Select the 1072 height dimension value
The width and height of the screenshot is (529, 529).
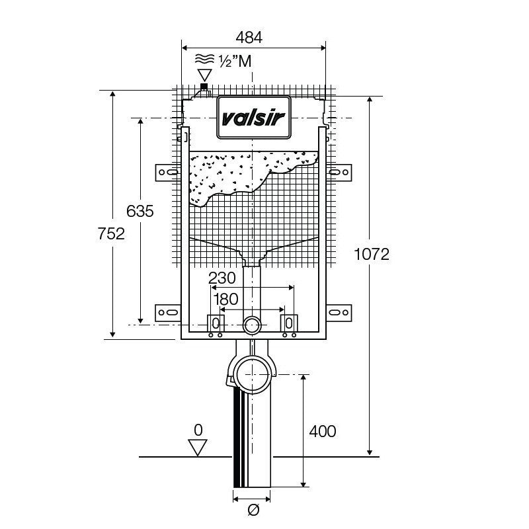372,254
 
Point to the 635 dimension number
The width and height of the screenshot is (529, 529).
140,211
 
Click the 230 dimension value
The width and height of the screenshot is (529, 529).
222,278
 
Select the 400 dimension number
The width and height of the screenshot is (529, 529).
322,432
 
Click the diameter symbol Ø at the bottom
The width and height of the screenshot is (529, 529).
253,510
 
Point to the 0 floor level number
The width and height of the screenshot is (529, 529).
197,430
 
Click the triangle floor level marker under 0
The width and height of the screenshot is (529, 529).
197,448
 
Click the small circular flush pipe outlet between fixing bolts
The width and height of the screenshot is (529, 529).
252,325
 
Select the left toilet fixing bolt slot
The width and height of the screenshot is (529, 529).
216,323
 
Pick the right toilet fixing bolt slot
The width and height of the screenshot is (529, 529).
289,323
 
